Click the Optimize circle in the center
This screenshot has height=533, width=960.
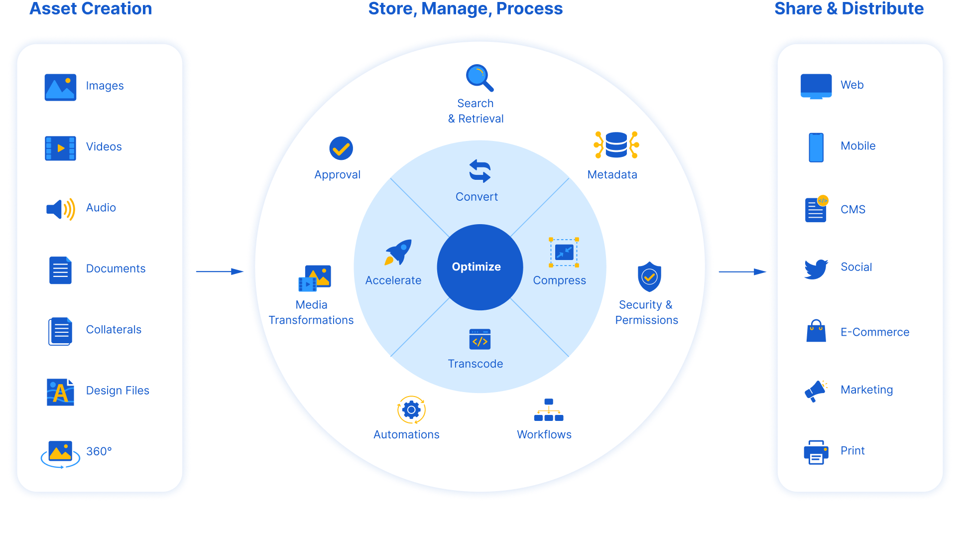click(x=480, y=267)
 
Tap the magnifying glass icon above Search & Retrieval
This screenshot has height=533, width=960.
click(x=479, y=78)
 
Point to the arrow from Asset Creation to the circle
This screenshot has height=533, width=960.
click(x=219, y=271)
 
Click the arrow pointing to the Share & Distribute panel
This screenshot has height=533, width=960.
click(x=742, y=271)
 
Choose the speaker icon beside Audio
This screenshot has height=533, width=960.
click(x=60, y=209)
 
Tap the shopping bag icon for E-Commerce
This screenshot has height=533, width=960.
click(x=816, y=331)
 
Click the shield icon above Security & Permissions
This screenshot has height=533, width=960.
click(x=649, y=276)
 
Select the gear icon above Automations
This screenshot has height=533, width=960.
click(x=411, y=410)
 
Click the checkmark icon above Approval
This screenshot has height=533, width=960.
click(x=341, y=148)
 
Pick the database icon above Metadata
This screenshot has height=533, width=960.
click(x=616, y=145)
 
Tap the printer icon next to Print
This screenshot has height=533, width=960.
click(x=816, y=452)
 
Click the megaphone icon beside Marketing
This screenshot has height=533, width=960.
click(x=816, y=391)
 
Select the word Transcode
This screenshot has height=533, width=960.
click(x=475, y=364)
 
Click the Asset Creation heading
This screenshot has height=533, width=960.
click(x=91, y=9)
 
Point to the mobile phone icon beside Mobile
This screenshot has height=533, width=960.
click(x=816, y=147)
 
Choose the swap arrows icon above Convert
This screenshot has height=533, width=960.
click(x=480, y=171)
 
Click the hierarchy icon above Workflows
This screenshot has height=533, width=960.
click(x=548, y=410)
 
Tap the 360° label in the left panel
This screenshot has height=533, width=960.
click(x=99, y=451)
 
